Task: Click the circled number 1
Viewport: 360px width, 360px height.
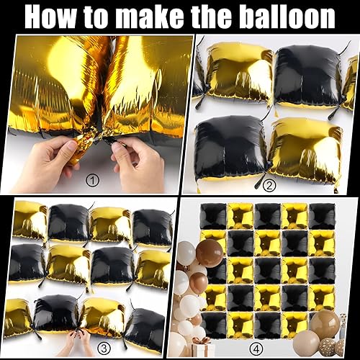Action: coord(92,181)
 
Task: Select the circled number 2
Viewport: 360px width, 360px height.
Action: coord(269,185)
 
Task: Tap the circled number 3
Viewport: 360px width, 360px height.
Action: coord(104,348)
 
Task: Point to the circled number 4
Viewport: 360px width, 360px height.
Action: coord(256,348)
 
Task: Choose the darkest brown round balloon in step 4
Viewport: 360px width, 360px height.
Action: coord(210,251)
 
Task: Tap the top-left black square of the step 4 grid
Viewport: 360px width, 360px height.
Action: coord(213,215)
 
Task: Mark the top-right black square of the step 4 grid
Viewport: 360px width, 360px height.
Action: coord(323,216)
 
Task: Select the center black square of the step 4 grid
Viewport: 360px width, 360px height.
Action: coord(268,271)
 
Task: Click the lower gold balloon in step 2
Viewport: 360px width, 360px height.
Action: coord(305,152)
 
